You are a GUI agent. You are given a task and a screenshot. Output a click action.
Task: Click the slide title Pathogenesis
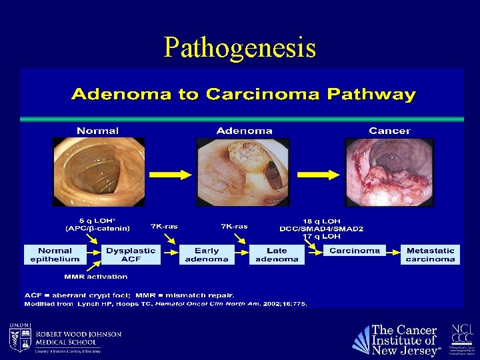coord(240,47)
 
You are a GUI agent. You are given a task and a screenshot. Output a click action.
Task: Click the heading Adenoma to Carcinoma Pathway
coord(243,94)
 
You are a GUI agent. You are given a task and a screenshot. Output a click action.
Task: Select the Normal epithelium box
coord(55,255)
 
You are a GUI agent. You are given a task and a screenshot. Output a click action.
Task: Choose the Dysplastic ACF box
coord(131,255)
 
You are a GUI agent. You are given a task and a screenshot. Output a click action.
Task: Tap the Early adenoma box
coord(206,255)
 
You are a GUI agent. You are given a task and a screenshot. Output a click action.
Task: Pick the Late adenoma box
coord(277,255)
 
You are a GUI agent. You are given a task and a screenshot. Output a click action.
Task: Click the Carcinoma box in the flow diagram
coord(354,251)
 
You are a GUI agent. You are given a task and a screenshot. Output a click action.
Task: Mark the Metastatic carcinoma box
coord(430,255)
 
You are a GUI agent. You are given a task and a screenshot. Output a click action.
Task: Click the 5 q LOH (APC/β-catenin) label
coord(98,224)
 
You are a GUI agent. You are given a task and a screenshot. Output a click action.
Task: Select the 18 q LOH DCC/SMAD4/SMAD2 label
coord(322,225)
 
